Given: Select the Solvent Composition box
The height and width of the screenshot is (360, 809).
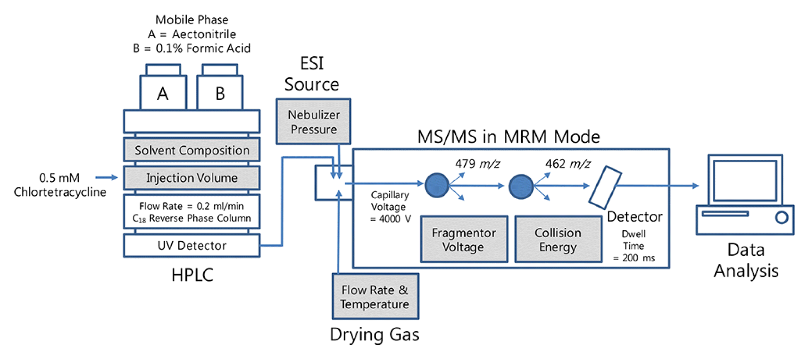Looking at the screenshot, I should coord(192,150).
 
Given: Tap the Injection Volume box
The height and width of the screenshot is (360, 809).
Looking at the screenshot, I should coord(192,178).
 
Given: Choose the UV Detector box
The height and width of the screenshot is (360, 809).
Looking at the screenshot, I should coord(192,246).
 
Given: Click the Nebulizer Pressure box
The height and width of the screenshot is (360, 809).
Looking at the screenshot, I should coord(313,122).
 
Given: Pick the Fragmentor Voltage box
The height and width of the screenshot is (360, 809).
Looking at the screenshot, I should coord(464,240).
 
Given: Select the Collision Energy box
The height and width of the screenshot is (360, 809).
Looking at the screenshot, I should coord(558,240).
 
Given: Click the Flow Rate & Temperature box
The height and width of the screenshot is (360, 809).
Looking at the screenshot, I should coord(375,297).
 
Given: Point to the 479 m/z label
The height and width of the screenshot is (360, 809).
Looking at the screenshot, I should coord(477,164).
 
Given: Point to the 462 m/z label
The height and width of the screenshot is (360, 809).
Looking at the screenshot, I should coord(567,164).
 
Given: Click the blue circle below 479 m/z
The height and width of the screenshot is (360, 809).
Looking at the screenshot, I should coord(437,185).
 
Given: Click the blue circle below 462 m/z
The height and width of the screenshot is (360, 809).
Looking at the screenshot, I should coord(521,186).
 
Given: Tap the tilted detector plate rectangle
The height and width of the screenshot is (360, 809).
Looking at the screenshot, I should coord(605,187).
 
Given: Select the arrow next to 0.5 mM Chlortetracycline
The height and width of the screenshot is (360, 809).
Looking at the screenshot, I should coord(106,177).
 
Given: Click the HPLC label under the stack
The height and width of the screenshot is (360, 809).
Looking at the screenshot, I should coord(192,275).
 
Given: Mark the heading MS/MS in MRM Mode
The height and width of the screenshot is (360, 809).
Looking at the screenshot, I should coord(508,137).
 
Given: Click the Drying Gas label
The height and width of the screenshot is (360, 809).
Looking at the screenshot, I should coord(374,335).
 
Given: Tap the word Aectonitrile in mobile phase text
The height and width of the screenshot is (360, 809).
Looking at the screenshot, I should coord(204,34).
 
